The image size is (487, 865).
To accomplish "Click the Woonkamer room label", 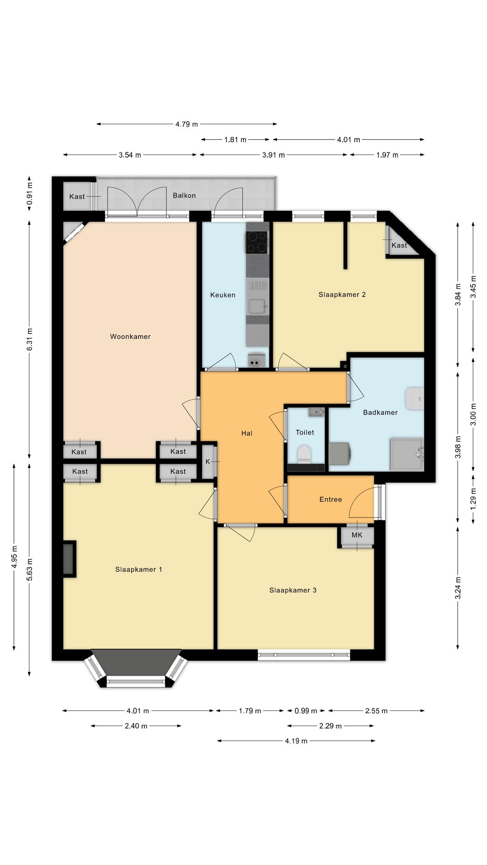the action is point(130,337).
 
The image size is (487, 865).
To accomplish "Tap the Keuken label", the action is point(223,295).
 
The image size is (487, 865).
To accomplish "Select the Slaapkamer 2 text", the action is point(342,295).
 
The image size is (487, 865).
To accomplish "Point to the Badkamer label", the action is point(380,412).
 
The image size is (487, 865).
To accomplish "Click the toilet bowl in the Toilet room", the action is point(304,454).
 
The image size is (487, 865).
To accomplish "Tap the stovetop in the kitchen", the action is point(257,242).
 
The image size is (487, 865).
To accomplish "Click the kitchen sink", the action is point(257,306).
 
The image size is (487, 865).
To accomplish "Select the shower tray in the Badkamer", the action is point(407,454).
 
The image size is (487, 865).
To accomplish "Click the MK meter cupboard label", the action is point(357,535).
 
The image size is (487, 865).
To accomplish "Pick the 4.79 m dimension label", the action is point(187,124).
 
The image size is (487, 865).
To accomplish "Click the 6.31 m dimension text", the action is point(30,339).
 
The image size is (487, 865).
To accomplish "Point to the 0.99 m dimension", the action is point(306,711).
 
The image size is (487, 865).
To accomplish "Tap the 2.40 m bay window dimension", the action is point(136,726).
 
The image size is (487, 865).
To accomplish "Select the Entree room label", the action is point(331,499).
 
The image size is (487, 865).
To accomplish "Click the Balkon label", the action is point(184,196).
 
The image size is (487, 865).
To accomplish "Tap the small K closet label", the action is point(208,462).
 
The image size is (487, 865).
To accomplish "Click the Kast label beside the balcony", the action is point(77,196).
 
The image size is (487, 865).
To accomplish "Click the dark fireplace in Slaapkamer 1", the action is point(69,559).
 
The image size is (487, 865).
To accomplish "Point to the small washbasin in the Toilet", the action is point(317,412).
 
